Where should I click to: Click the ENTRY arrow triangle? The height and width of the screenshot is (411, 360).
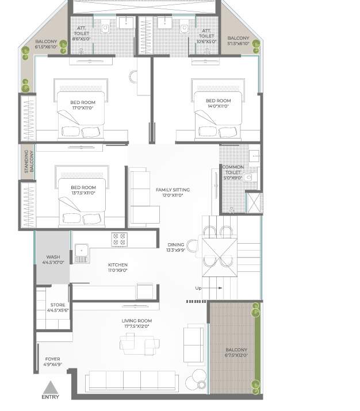coord(51,386)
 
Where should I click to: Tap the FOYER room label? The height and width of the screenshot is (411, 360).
coord(52,362)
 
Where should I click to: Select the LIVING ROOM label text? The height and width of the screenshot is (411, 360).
coord(136,323)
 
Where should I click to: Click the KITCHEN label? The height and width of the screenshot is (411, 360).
coord(117,267)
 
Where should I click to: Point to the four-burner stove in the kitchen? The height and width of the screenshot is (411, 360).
coord(119,239)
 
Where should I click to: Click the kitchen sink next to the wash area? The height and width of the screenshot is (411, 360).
coord(81,253)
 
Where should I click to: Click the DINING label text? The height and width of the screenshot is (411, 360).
coord(176,247)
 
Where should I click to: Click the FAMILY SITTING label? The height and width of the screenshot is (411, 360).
coord(173,193)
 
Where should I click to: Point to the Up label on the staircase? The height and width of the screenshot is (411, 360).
coord(198,288)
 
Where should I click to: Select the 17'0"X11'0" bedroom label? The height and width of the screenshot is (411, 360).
coord(83,105)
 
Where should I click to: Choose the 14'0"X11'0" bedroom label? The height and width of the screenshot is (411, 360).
coord(217,103)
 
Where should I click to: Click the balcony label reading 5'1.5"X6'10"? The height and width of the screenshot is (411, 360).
coord(238,41)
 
